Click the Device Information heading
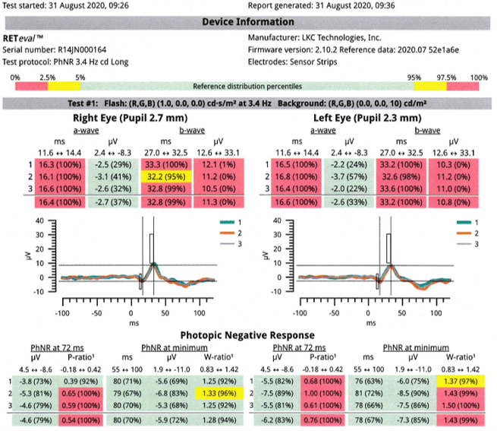coord(249,22)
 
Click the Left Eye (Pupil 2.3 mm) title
coord(367,119)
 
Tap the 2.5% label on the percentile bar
coord(47,78)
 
